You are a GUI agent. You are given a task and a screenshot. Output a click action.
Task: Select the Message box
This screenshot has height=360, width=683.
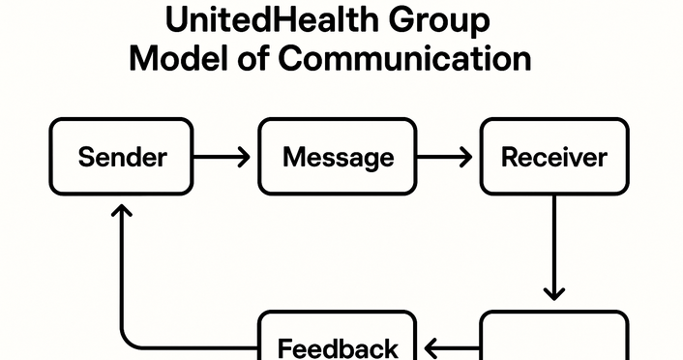[x=338, y=157]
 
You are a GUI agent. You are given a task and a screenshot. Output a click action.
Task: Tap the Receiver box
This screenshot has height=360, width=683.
[x=554, y=157]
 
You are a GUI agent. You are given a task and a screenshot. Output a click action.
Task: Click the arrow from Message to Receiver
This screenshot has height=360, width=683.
[x=448, y=157]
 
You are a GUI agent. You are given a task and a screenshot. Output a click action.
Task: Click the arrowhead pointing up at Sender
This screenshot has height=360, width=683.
[x=121, y=210]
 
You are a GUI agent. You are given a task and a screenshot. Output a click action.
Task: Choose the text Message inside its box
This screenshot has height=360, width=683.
[x=338, y=157]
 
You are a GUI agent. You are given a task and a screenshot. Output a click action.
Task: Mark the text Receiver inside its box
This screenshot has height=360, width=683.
[x=554, y=157]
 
